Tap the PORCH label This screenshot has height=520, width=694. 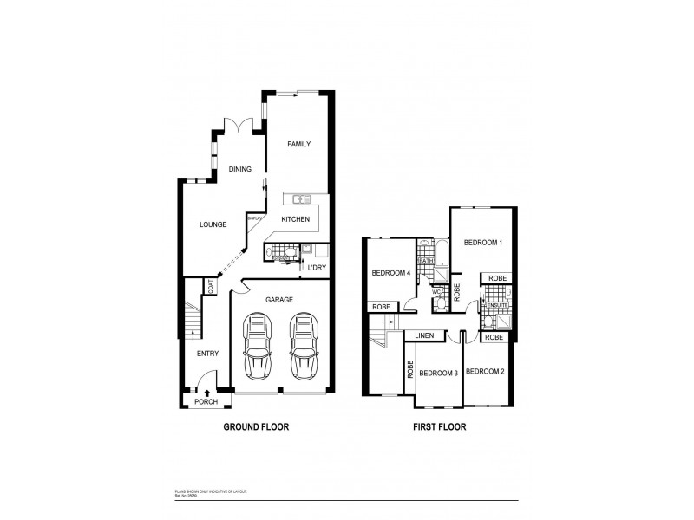pyautogui.click(x=206, y=401)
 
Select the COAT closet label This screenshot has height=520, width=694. pyautogui.click(x=210, y=288)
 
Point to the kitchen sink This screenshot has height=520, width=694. pyautogui.click(x=301, y=199)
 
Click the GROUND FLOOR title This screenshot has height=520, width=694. pyautogui.click(x=256, y=426)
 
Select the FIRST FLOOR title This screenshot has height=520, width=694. pyautogui.click(x=440, y=426)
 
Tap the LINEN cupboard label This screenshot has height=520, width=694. pyautogui.click(x=424, y=335)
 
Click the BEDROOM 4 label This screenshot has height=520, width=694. pyautogui.click(x=390, y=274)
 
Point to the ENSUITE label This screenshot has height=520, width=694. pyautogui.click(x=495, y=306)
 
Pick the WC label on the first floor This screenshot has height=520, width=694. pyautogui.click(x=436, y=291)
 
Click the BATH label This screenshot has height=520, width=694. pyautogui.click(x=427, y=260)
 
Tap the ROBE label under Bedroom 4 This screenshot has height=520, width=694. pyautogui.click(x=380, y=306)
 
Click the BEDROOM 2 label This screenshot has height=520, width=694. pyautogui.click(x=484, y=371)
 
